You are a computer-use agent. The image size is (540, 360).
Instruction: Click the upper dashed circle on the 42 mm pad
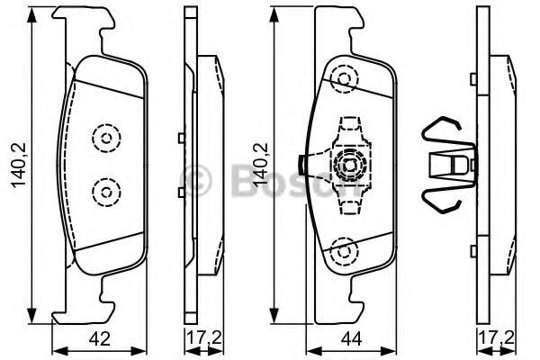(106, 139)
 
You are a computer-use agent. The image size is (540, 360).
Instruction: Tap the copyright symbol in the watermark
(193, 181)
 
